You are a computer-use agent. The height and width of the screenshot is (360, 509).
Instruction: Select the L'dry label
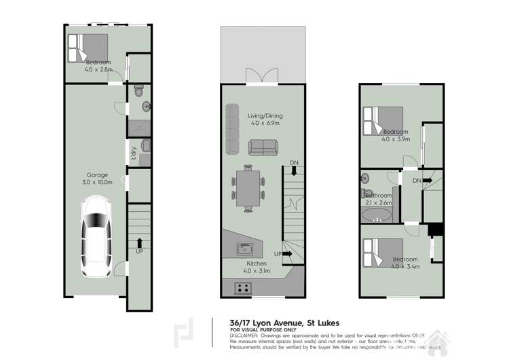click(x=134, y=154)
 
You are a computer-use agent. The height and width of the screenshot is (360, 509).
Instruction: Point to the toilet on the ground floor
click(x=139, y=90)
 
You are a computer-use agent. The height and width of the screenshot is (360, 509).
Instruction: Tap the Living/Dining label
click(x=255, y=116)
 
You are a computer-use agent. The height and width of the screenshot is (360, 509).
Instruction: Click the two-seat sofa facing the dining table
click(x=262, y=147)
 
